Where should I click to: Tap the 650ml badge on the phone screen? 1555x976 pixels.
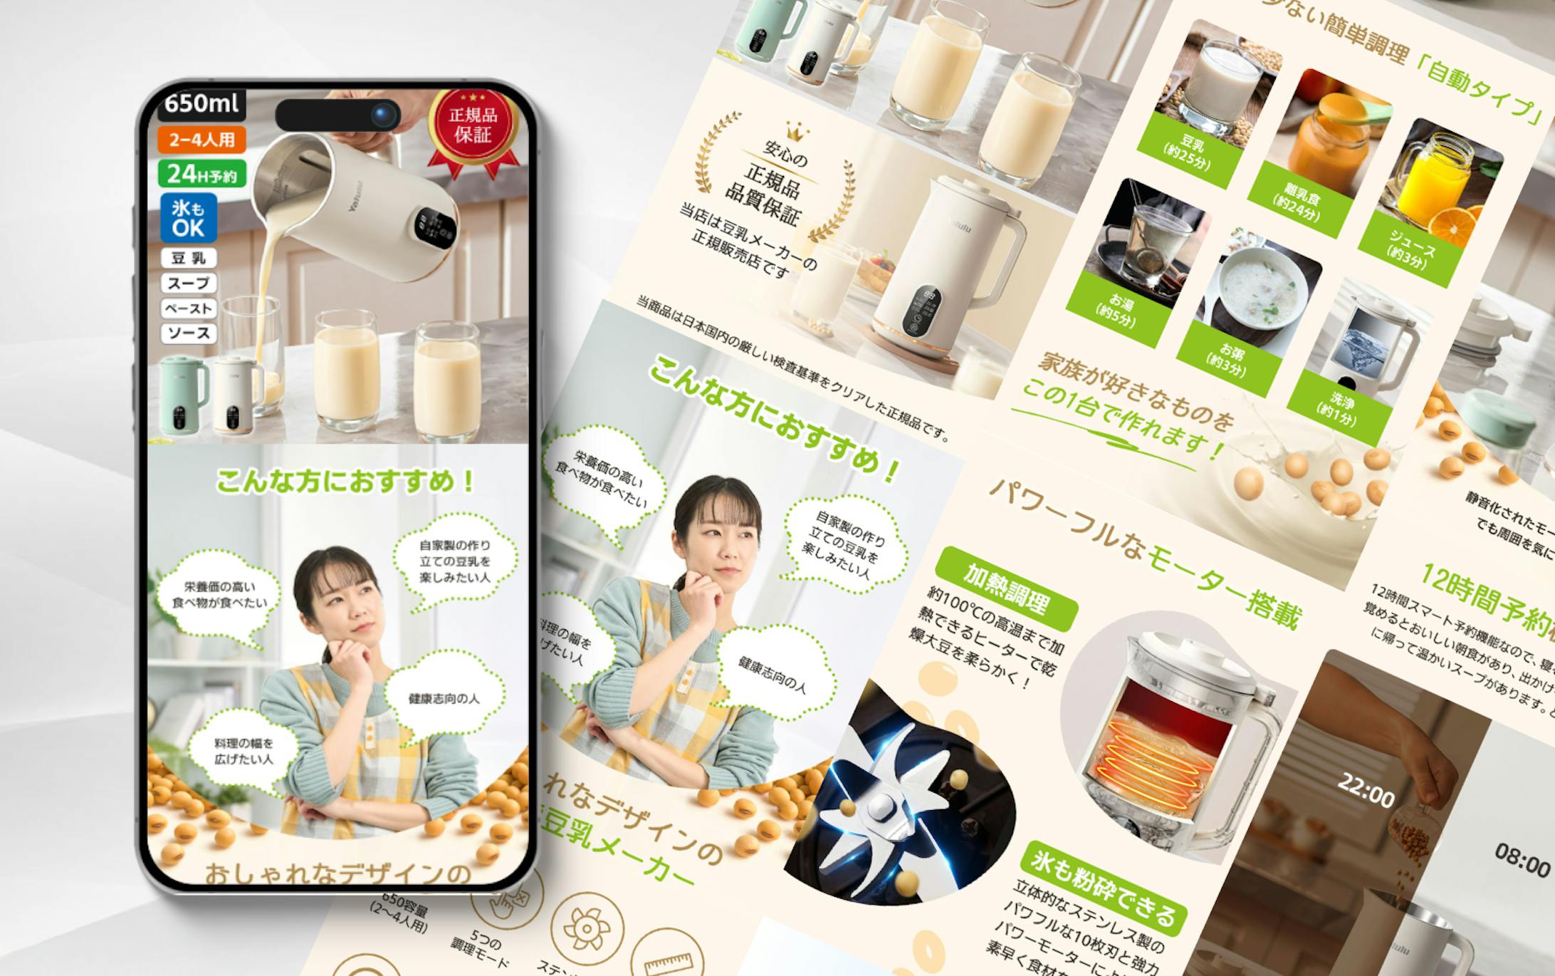pyautogui.click(x=202, y=104)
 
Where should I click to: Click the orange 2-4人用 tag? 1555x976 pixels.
pyautogui.click(x=202, y=140)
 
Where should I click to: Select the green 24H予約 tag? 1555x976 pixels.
pyautogui.click(x=202, y=174)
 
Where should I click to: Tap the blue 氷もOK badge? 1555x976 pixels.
pyautogui.click(x=188, y=218)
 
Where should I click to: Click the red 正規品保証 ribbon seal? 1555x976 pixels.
pyautogui.click(x=473, y=127)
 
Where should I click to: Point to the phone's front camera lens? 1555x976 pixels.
pyautogui.click(x=385, y=114)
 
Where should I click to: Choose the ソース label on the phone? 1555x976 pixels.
pyautogui.click(x=189, y=333)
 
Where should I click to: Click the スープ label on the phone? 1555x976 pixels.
pyautogui.click(x=189, y=284)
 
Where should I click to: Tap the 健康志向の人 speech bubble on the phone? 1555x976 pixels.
pyautogui.click(x=444, y=698)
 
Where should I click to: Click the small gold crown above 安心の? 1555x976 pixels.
pyautogui.click(x=796, y=131)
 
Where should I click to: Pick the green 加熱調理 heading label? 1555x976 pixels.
pyautogui.click(x=1005, y=588)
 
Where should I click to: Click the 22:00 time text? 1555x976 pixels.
pyautogui.click(x=1366, y=788)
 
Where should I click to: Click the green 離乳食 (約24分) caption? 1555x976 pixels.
pyautogui.click(x=1301, y=202)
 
